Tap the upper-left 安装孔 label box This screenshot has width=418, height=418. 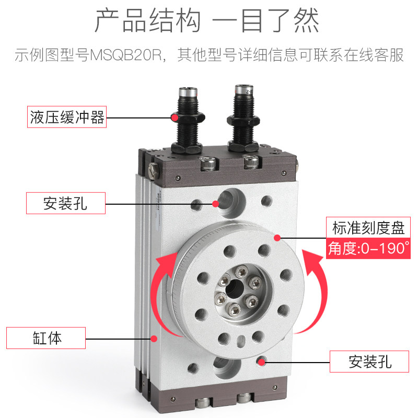(x=66, y=203)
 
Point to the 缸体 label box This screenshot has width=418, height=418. (x=45, y=338)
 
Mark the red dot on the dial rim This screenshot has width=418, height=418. (x=277, y=238)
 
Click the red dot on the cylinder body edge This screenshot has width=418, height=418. (x=154, y=339)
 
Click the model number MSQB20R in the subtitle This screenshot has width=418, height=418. (x=125, y=55)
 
